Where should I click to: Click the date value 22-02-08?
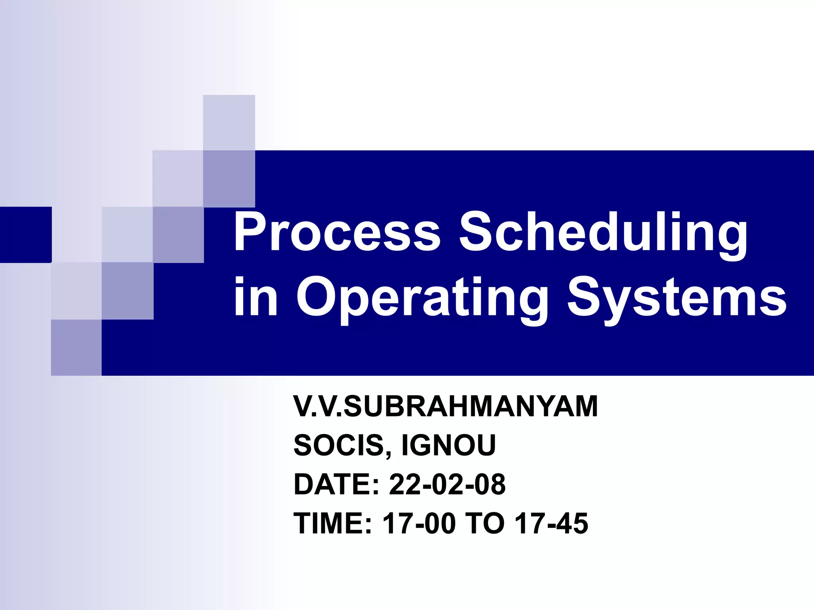click(447, 484)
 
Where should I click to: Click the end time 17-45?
click(551, 523)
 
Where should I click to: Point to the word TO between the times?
click(485, 523)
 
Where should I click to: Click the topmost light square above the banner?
click(229, 122)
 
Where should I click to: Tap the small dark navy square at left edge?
click(25, 234)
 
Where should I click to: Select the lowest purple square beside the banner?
click(76, 347)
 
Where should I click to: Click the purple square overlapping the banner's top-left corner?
click(229, 179)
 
